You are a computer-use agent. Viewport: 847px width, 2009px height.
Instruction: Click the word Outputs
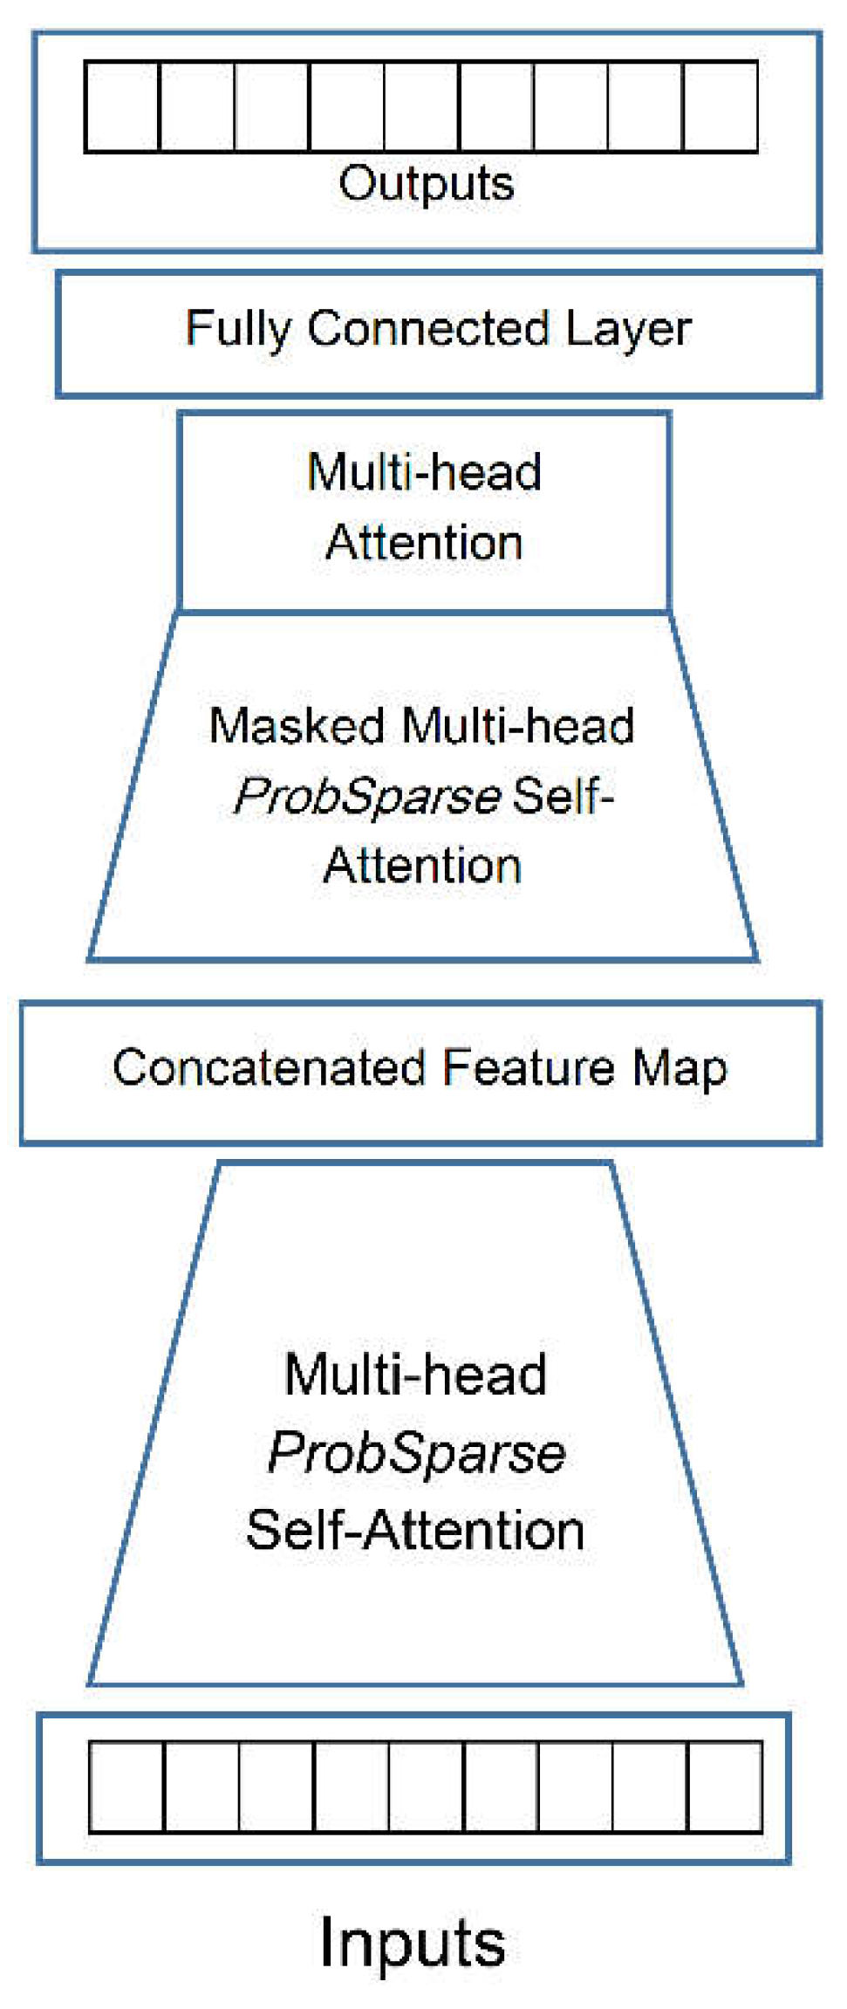point(427,184)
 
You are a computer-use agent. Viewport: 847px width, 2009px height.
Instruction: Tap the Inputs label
point(413,1943)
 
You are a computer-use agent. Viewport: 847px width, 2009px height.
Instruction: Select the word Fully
point(238,330)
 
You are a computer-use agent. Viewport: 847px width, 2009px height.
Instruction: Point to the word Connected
point(428,328)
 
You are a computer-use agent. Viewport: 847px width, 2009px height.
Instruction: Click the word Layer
point(629,330)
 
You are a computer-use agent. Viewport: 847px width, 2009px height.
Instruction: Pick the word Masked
point(297,726)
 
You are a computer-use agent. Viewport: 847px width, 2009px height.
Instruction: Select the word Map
point(680,1070)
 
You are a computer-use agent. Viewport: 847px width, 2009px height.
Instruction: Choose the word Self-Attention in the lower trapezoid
point(415,1530)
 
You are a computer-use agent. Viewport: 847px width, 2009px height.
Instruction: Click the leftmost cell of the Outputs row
point(123,106)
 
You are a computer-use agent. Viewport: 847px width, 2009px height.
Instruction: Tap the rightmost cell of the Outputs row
point(721,106)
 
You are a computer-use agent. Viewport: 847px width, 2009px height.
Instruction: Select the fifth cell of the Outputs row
point(421,106)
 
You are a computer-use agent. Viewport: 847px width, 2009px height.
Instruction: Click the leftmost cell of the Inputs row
point(127,1786)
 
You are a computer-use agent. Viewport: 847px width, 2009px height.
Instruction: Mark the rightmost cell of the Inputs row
point(726,1786)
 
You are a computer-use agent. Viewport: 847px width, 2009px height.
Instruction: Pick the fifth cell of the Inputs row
point(427,1786)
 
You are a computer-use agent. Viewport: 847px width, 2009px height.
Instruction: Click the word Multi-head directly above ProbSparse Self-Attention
point(416,1375)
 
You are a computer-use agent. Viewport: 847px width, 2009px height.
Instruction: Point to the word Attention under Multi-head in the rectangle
point(424,542)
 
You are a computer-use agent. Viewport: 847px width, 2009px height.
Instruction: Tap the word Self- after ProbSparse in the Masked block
point(564,796)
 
